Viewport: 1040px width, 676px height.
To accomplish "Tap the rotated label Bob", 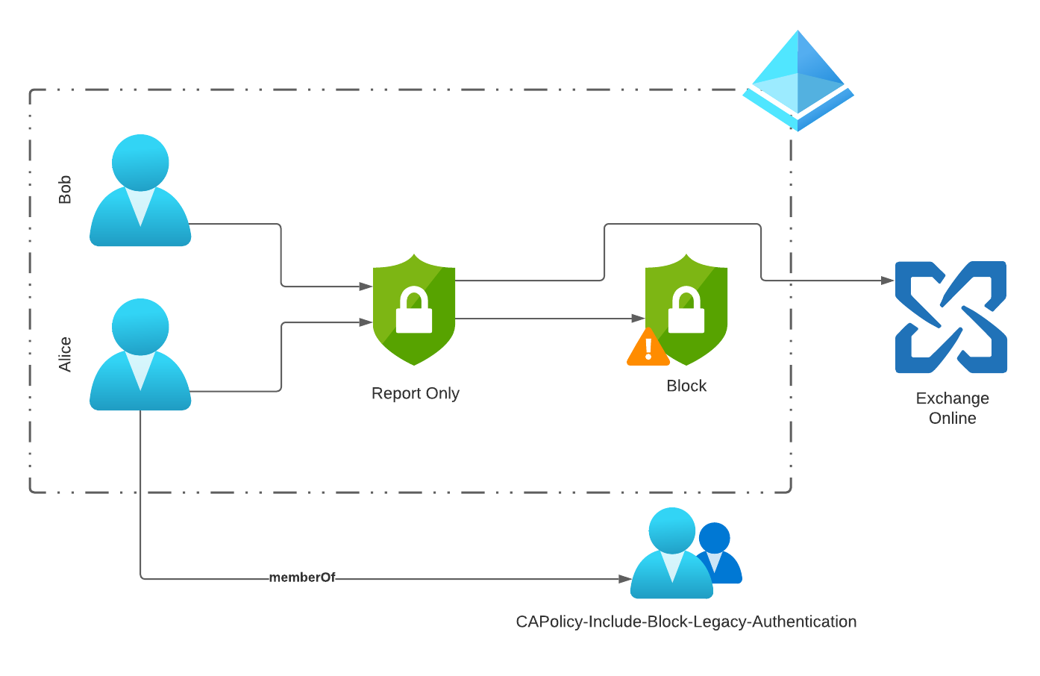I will point(65,190).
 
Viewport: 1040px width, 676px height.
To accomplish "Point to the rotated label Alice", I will point(65,354).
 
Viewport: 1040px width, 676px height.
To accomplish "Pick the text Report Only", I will point(415,393).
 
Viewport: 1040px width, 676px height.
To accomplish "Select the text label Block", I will point(686,386).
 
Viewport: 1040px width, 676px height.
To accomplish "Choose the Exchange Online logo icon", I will point(950,317).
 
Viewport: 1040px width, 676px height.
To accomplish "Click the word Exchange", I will point(952,398).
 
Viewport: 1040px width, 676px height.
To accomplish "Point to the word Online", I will point(952,419).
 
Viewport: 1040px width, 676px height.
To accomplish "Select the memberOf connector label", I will point(301,578).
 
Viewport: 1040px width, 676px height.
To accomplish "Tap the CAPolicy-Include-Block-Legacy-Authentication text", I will point(686,622).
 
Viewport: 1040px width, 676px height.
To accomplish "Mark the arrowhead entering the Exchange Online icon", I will point(888,281).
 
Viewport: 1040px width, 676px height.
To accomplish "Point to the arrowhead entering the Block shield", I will point(638,319).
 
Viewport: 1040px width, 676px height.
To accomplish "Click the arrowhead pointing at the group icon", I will point(625,578).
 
